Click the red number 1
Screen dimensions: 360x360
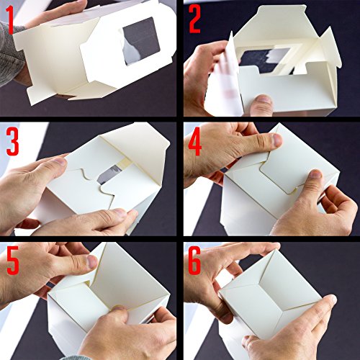tap(10, 20)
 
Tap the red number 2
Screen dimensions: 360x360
tap(194, 19)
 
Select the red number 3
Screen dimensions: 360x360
tap(12, 142)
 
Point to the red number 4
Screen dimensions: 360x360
tap(195, 142)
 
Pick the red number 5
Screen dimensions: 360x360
tap(13, 261)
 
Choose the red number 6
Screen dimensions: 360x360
tap(194, 261)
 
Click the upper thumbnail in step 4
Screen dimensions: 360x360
tap(276, 140)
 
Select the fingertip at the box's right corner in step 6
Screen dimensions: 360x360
tap(330, 300)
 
